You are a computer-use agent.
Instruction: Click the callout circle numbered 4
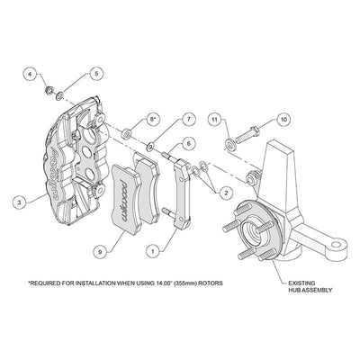tap(31, 74)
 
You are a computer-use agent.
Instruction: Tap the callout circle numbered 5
tap(96, 74)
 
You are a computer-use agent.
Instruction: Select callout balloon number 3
tap(20, 202)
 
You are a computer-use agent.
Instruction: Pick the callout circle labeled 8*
tap(153, 119)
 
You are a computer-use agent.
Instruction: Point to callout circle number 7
tap(189, 119)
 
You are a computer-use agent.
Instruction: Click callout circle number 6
tap(188, 144)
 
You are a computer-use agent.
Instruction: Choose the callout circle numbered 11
tap(214, 119)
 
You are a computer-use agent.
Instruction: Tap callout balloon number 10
tap(283, 119)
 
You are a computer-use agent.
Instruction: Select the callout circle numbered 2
tap(226, 193)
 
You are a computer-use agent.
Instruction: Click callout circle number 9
tap(100, 251)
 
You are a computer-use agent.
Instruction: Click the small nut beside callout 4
tap(49, 89)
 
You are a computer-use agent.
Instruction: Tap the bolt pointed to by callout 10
tap(247, 135)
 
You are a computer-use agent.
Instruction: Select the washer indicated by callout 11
tap(231, 144)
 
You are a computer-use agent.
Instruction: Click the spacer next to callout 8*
tap(127, 133)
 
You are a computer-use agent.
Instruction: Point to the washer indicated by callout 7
tap(149, 147)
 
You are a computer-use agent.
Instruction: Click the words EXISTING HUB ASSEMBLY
tap(310, 286)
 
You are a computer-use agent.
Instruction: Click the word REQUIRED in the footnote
tap(44, 283)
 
